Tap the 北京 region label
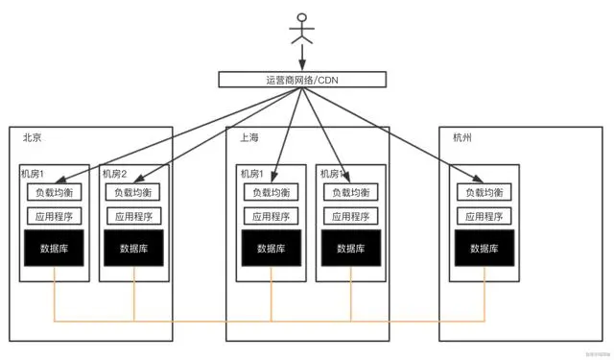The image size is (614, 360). coord(33,138)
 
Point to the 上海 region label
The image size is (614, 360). coord(249,138)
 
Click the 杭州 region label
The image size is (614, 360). coord(463,138)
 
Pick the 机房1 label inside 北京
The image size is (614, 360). coord(33,174)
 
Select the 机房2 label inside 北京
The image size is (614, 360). coord(114,174)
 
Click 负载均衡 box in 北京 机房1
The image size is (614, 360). coord(54,192)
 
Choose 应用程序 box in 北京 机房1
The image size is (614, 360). coord(54,216)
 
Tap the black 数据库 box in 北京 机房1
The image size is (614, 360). coord(54,249)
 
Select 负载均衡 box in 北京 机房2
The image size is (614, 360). coord(134,192)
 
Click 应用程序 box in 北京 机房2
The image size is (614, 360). coord(134,216)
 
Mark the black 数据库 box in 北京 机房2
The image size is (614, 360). coord(134,249)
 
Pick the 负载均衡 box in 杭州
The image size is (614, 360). coord(484,192)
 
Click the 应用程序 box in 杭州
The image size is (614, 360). coord(484,216)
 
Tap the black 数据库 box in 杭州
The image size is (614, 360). coord(484,249)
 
